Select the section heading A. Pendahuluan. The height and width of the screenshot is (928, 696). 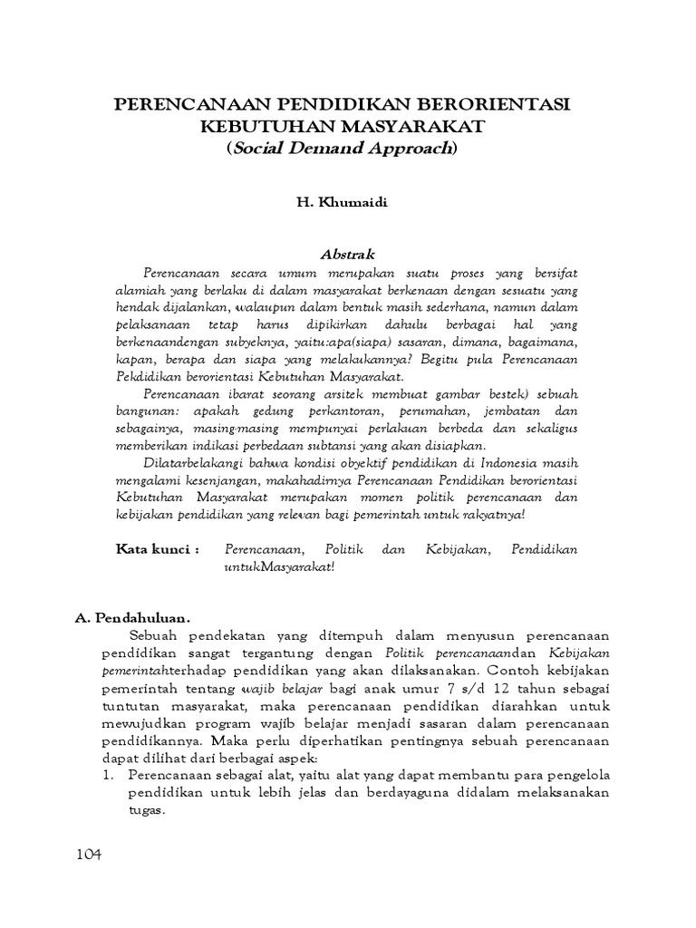[x=132, y=618]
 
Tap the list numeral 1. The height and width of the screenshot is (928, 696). [x=107, y=776]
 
